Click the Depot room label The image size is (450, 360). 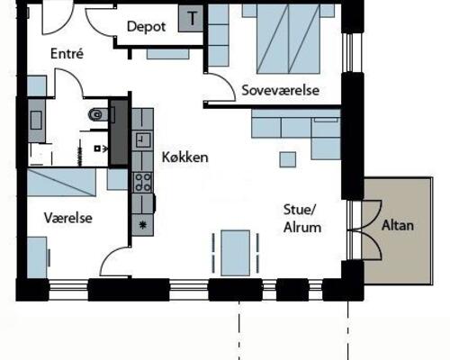[147, 27]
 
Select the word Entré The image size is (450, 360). [68, 54]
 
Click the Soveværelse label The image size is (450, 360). [276, 91]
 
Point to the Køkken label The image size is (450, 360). [184, 157]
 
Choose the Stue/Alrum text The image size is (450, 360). [302, 219]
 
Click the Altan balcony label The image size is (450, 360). [397, 225]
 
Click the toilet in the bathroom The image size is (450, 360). [98, 114]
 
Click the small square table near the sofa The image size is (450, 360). [287, 158]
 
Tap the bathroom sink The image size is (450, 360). [37, 119]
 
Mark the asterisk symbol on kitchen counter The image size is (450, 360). [142, 224]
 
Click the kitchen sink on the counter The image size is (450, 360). [142, 139]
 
